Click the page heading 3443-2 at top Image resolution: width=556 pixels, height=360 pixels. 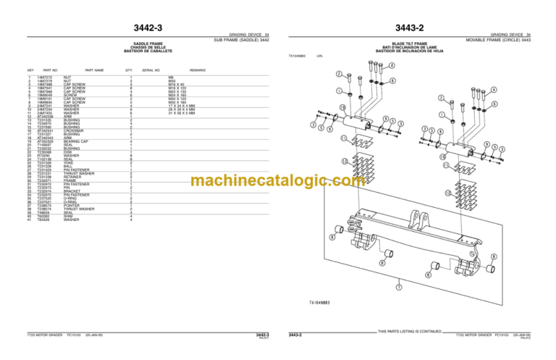[x=410, y=28]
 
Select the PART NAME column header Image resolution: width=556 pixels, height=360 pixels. [x=94, y=70]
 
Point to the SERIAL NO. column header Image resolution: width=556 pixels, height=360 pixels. [x=151, y=70]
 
